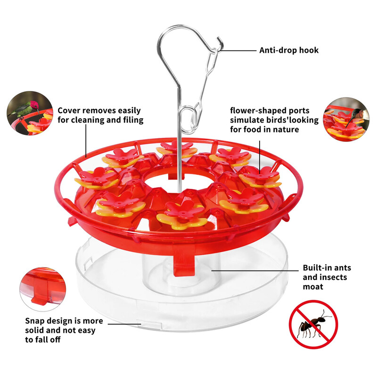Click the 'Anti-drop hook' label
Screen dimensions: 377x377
[x=289, y=50]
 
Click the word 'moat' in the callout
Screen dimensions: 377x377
[x=313, y=287]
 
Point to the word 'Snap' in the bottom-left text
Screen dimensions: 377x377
[x=36, y=321]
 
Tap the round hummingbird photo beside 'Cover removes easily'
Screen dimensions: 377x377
[x=30, y=113]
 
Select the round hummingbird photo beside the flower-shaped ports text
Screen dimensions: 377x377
[x=346, y=119]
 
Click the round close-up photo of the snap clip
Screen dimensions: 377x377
[x=43, y=289]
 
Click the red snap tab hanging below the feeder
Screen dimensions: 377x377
[x=184, y=264]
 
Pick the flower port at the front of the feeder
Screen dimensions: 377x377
[x=182, y=215]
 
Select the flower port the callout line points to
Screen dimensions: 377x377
[x=260, y=177]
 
